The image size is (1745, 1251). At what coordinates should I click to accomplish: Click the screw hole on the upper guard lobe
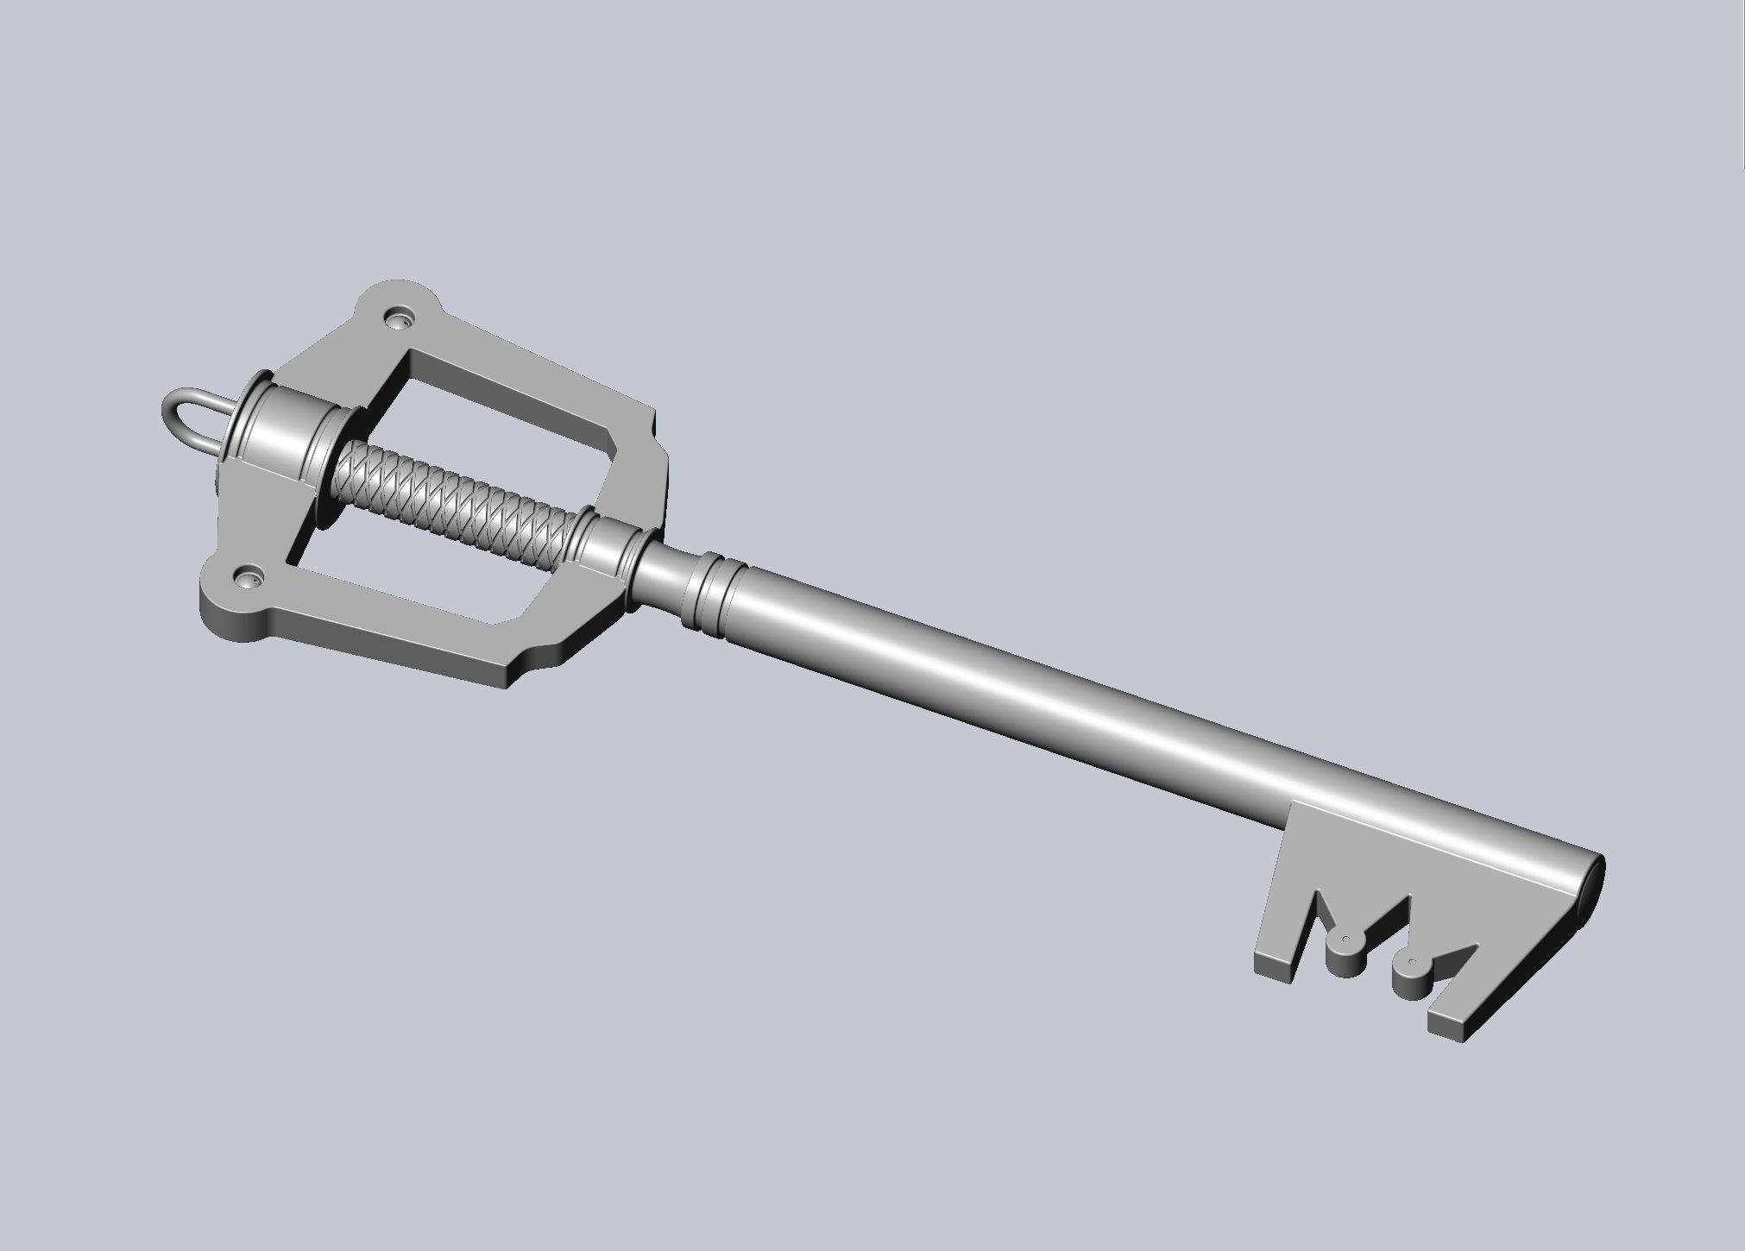click(400, 320)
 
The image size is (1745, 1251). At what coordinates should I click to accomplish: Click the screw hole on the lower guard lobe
click(249, 575)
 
